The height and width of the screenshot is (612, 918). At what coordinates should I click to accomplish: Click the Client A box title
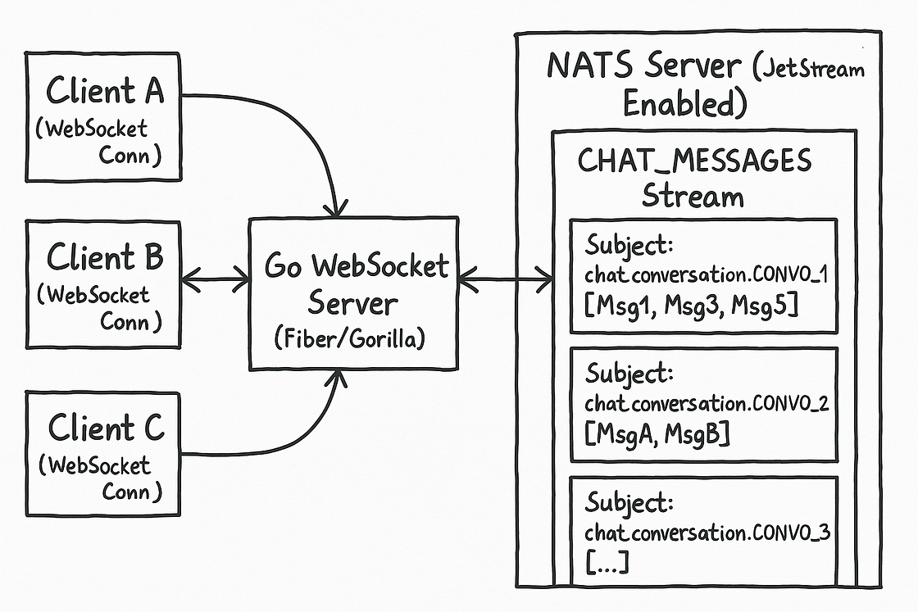click(x=105, y=91)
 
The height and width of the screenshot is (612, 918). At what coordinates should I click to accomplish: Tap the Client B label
click(x=105, y=257)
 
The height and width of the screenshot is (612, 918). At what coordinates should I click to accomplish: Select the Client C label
click(x=106, y=427)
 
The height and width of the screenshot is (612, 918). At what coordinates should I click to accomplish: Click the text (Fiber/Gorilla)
click(x=349, y=338)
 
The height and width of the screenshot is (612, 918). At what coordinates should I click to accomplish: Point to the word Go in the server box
click(x=284, y=266)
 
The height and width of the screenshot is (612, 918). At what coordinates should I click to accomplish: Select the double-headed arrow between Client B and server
click(x=216, y=279)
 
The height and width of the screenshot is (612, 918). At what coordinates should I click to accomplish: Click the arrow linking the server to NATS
click(x=505, y=279)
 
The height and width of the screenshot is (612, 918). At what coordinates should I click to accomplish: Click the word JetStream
click(x=808, y=69)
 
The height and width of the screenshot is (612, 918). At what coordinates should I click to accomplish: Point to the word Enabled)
click(x=685, y=103)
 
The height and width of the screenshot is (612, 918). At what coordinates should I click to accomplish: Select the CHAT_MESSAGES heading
click(x=694, y=161)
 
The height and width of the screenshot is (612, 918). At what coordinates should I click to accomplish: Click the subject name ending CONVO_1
click(x=707, y=274)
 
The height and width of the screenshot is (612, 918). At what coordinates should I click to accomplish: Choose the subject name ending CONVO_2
click(x=707, y=403)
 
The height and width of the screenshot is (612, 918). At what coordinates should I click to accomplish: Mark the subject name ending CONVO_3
click(x=707, y=533)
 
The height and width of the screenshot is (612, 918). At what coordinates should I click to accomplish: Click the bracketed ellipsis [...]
click(x=607, y=562)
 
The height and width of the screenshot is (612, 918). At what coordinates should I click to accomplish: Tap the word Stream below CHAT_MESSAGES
click(x=693, y=196)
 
